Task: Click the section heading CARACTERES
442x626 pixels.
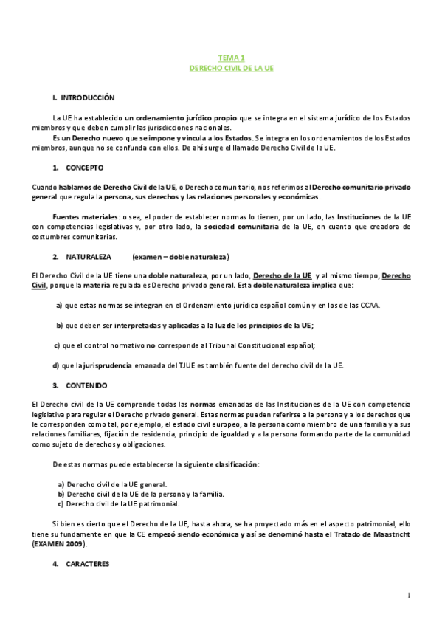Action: [87, 564]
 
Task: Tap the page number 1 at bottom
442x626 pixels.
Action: [408, 596]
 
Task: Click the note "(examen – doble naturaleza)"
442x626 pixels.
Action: [182, 257]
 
